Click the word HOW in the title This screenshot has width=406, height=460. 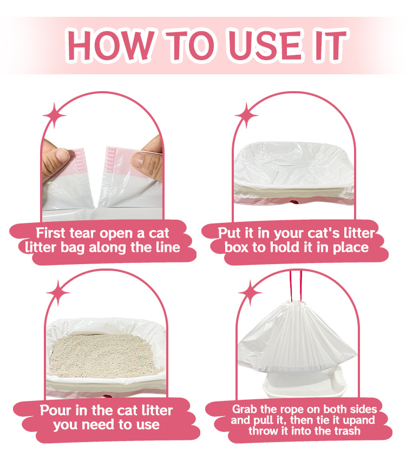click(110, 45)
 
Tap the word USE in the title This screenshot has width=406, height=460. click(265, 45)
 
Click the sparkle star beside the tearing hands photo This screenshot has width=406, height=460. click(54, 116)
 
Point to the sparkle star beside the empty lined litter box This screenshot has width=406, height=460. click(246, 116)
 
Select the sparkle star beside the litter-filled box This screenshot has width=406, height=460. click(58, 292)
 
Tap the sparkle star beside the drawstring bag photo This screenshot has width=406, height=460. click(250, 292)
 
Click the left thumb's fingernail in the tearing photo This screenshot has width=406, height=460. click(62, 155)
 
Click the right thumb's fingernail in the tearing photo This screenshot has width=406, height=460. click(138, 160)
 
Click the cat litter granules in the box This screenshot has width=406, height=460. click(104, 356)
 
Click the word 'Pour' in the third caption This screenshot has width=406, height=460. click(56, 410)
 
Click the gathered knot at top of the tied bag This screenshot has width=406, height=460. click(296, 304)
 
